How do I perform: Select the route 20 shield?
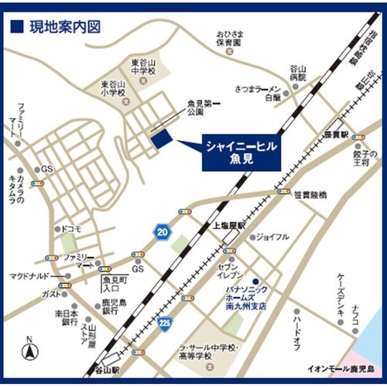(162, 232)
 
